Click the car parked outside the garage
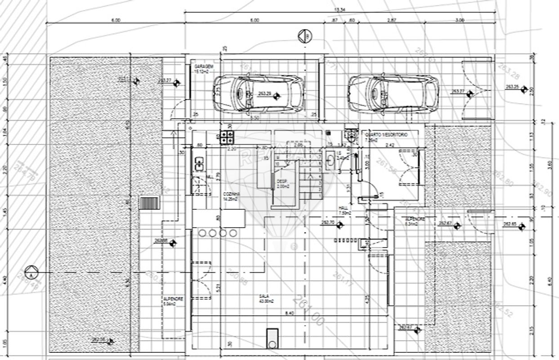[394, 93]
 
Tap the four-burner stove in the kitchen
[227, 137]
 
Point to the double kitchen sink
[198, 164]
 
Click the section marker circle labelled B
[304, 36]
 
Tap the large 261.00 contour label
[308, 310]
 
